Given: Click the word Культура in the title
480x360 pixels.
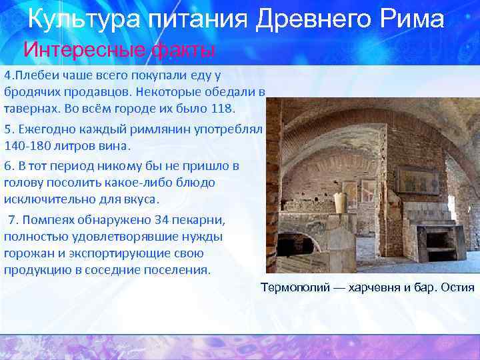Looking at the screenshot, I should coord(75,19).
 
